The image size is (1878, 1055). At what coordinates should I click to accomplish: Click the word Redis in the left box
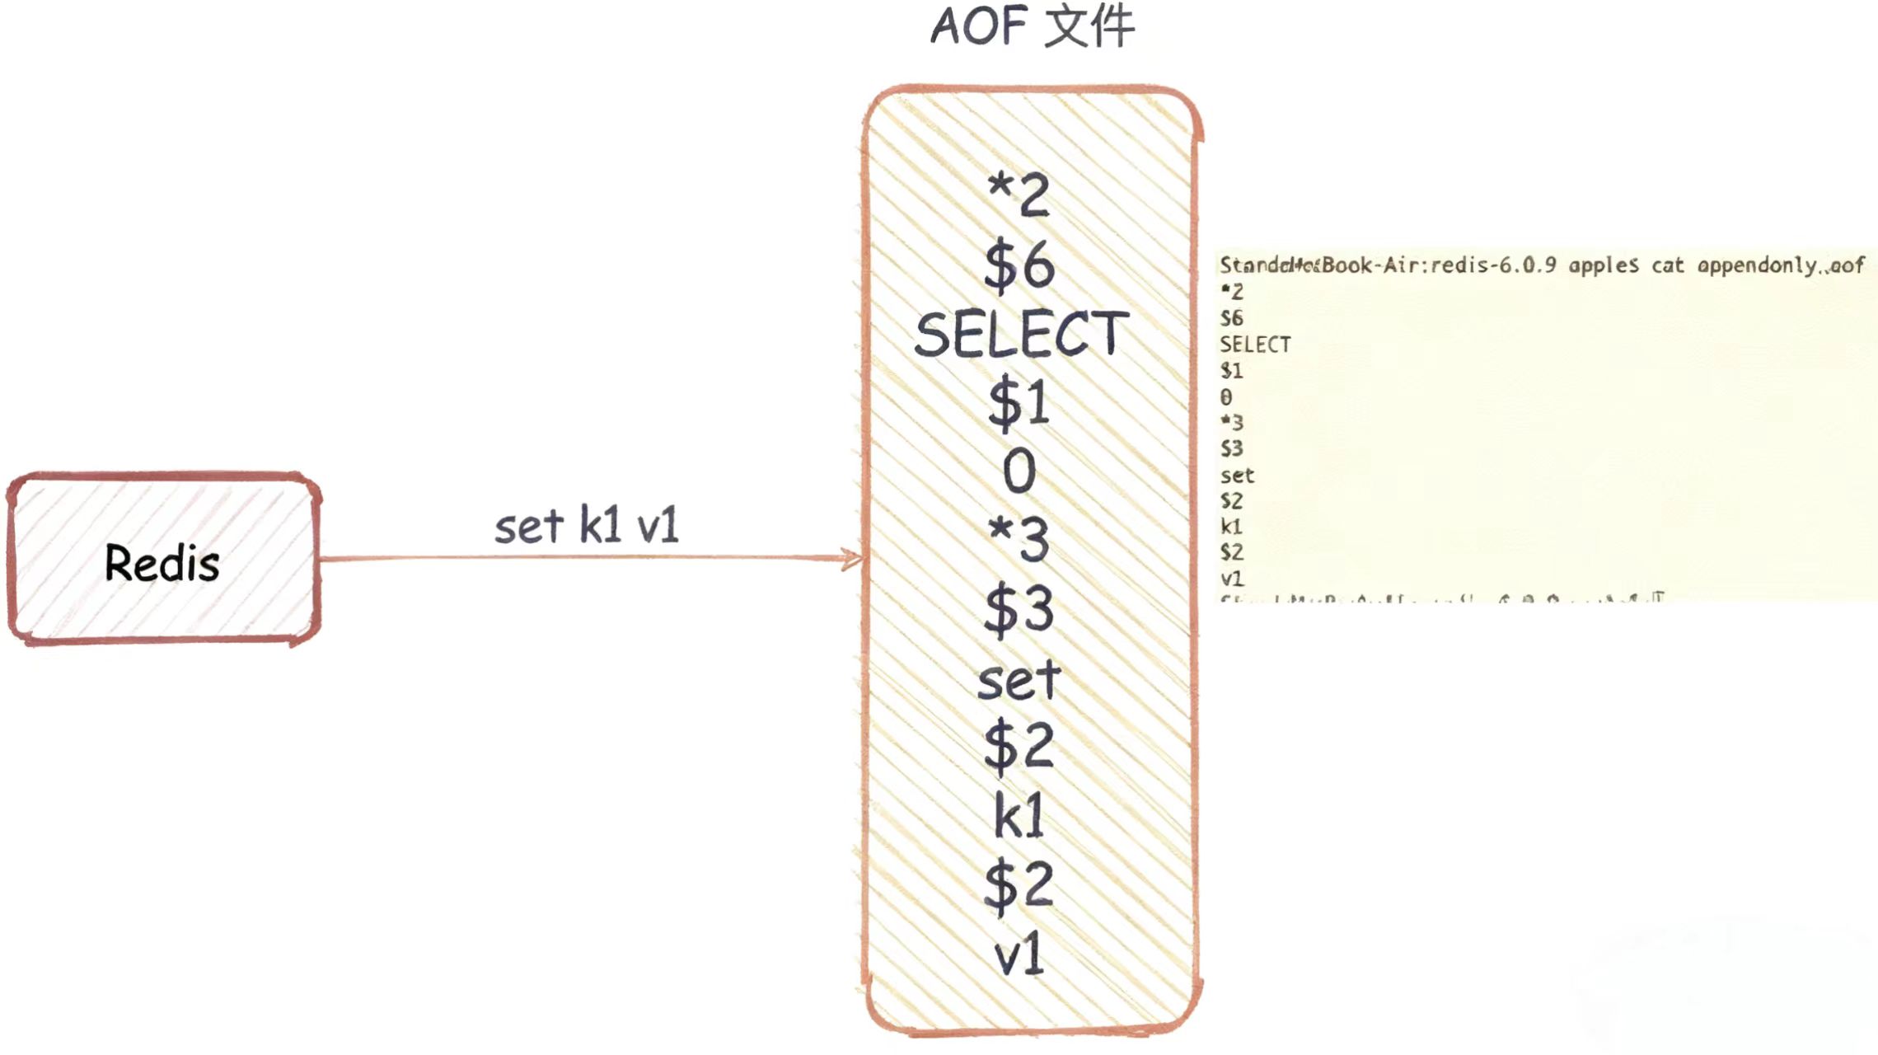point(162,564)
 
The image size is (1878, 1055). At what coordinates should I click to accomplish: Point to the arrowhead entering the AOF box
point(853,559)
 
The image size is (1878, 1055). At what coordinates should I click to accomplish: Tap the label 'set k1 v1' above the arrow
point(586,526)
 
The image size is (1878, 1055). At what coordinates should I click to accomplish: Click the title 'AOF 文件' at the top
point(1033,26)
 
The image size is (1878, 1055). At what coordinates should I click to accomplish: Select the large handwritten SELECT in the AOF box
point(1021,335)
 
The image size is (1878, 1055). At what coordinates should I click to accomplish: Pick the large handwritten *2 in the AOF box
point(1019,195)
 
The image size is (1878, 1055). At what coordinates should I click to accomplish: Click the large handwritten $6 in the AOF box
point(1019,265)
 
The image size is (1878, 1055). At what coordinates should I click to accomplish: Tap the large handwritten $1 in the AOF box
point(1019,404)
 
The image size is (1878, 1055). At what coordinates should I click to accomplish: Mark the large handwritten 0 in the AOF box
point(1019,472)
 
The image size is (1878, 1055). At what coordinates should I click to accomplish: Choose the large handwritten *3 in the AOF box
point(1019,541)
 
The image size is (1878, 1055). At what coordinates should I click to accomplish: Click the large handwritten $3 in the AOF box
point(1019,611)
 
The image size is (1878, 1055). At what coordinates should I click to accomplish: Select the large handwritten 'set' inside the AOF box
point(1019,680)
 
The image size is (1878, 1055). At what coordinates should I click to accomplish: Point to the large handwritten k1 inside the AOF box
point(1019,817)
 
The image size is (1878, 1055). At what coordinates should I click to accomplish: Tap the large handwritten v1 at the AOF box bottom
point(1019,956)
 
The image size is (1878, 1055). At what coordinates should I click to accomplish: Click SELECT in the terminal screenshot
point(1255,345)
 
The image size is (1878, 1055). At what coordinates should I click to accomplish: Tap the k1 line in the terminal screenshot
point(1231,527)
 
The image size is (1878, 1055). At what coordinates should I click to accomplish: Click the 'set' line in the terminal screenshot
point(1237,476)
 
